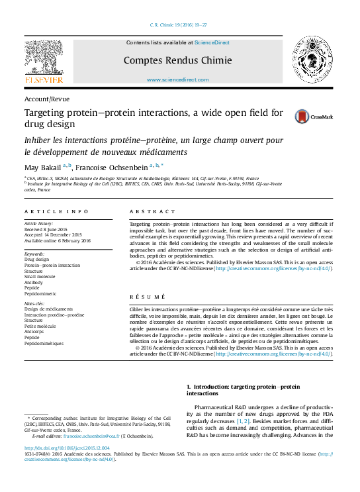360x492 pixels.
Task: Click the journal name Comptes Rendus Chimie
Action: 177,60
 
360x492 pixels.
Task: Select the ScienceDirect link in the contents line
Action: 212,42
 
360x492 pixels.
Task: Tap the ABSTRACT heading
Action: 148,211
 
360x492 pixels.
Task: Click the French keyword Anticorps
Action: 37,331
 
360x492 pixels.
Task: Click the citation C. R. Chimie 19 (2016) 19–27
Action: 180,24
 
